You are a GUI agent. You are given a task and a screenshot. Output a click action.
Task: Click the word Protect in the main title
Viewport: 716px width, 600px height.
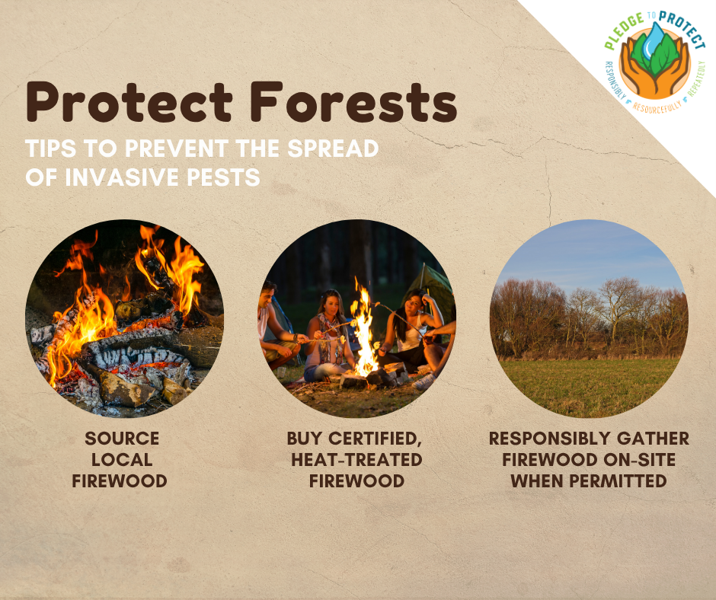pyautogui.click(x=129, y=102)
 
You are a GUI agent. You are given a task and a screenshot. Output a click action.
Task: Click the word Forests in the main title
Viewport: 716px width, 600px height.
pyautogui.click(x=353, y=102)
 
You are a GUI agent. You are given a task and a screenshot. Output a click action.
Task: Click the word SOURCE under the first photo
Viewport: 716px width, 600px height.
pyautogui.click(x=122, y=439)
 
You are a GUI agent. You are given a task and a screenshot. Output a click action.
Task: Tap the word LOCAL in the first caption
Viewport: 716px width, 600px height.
pyautogui.click(x=122, y=460)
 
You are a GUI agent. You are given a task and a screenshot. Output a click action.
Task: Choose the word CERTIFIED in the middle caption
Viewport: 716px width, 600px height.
pyautogui.click(x=375, y=439)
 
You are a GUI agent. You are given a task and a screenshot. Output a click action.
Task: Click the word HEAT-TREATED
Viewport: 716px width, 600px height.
pyautogui.click(x=356, y=460)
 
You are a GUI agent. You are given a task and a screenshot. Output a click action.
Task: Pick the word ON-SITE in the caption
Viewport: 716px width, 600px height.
pyautogui.click(x=640, y=460)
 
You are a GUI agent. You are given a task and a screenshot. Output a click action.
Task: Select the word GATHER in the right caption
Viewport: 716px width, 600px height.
pyautogui.click(x=653, y=439)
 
